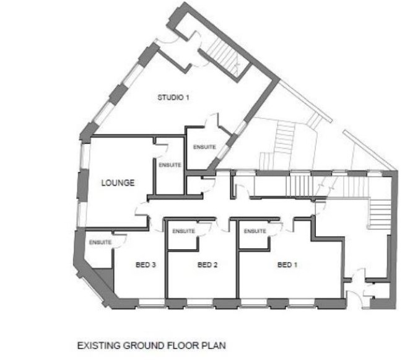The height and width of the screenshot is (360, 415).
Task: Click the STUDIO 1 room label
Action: [173, 97]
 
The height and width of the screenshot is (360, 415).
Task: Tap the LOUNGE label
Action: [118, 183]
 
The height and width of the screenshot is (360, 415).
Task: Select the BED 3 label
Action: [146, 265]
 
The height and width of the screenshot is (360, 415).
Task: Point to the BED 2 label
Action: [207, 265]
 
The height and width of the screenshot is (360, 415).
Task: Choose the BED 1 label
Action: [287, 265]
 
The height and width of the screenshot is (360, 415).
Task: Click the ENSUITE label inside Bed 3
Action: [100, 242]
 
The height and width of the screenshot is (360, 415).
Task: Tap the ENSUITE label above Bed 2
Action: [184, 231]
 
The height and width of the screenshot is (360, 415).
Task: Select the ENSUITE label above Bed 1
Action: [255, 231]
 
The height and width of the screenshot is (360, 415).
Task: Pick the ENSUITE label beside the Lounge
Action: [170, 165]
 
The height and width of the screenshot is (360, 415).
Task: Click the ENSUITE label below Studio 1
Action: [204, 147]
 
